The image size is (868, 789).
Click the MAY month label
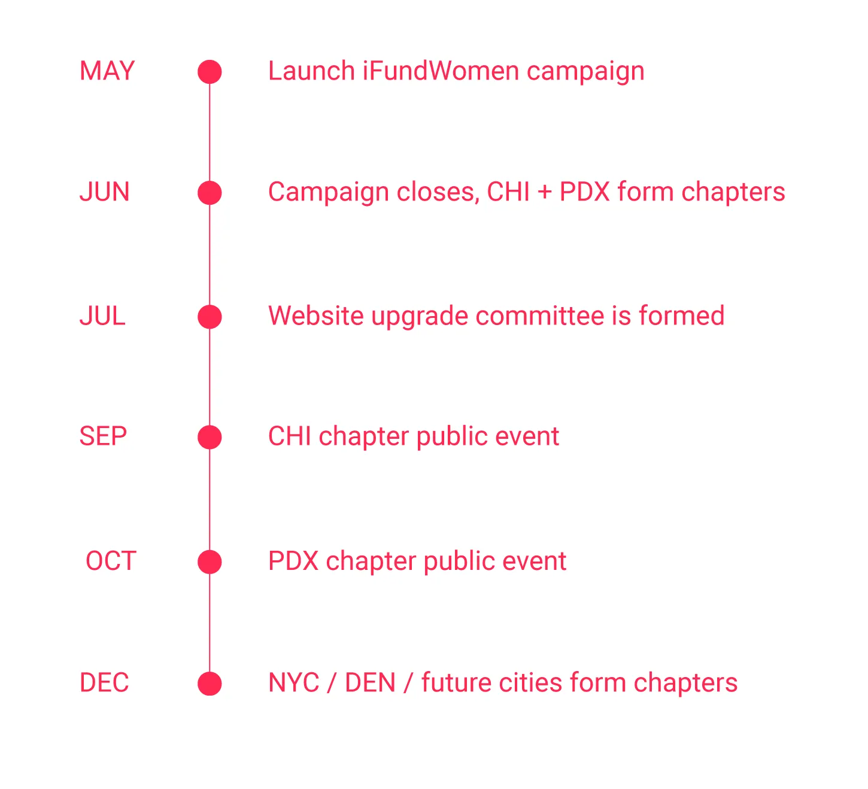coord(107,71)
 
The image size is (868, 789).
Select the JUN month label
coord(104,192)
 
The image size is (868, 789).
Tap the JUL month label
coord(102,315)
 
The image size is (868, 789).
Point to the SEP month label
coord(103,436)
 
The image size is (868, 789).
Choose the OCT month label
coord(111,561)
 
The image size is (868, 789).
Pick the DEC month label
coord(104,682)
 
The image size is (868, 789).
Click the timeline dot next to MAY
coord(210,71)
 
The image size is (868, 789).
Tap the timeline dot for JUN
coord(210,193)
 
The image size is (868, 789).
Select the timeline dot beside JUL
coord(210,317)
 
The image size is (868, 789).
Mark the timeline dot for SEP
coord(210,437)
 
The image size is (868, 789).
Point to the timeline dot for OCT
coord(210,562)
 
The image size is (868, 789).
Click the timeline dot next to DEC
coord(210,684)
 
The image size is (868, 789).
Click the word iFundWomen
coord(441,71)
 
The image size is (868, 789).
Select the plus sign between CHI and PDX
coord(545,193)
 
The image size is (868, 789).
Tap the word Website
coord(316,315)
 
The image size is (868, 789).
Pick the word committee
coord(539,315)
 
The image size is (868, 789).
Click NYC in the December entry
coord(294,682)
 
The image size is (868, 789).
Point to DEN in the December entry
coord(371,682)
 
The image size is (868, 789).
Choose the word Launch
coord(311,71)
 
